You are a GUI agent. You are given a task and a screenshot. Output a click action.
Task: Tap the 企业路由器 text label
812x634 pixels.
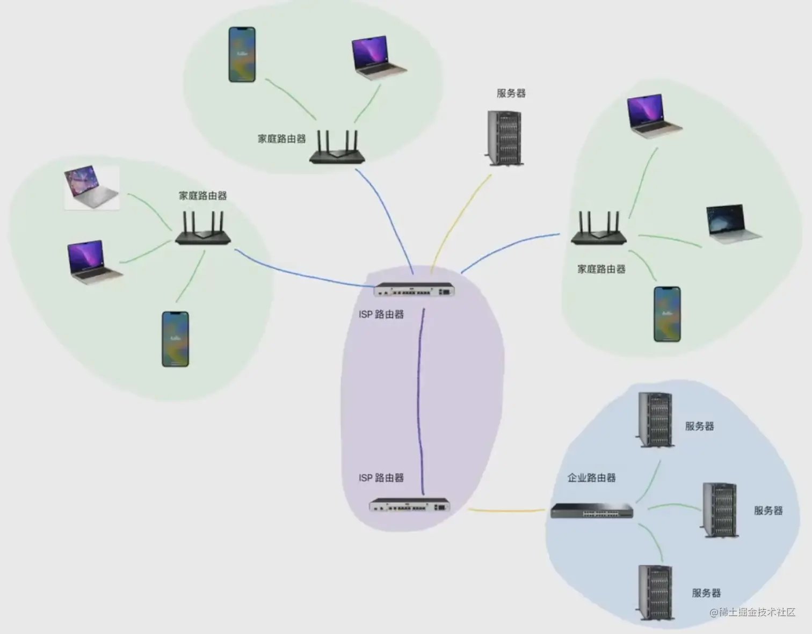(591, 477)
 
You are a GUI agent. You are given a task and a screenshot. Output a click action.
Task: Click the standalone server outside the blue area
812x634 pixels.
(504, 138)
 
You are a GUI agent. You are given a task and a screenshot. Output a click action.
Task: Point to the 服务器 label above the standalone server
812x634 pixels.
(511, 93)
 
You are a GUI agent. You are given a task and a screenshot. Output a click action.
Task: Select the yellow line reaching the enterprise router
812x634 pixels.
(508, 510)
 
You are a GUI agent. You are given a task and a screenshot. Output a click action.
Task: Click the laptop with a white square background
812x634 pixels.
(91, 187)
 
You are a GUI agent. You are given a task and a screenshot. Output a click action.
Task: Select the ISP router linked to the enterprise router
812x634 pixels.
(409, 506)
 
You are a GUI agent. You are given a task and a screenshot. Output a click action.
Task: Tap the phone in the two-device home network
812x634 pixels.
(242, 55)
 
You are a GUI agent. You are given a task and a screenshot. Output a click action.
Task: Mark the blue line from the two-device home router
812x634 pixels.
(386, 215)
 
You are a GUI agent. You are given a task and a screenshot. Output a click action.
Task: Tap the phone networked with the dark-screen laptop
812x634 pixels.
(667, 314)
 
